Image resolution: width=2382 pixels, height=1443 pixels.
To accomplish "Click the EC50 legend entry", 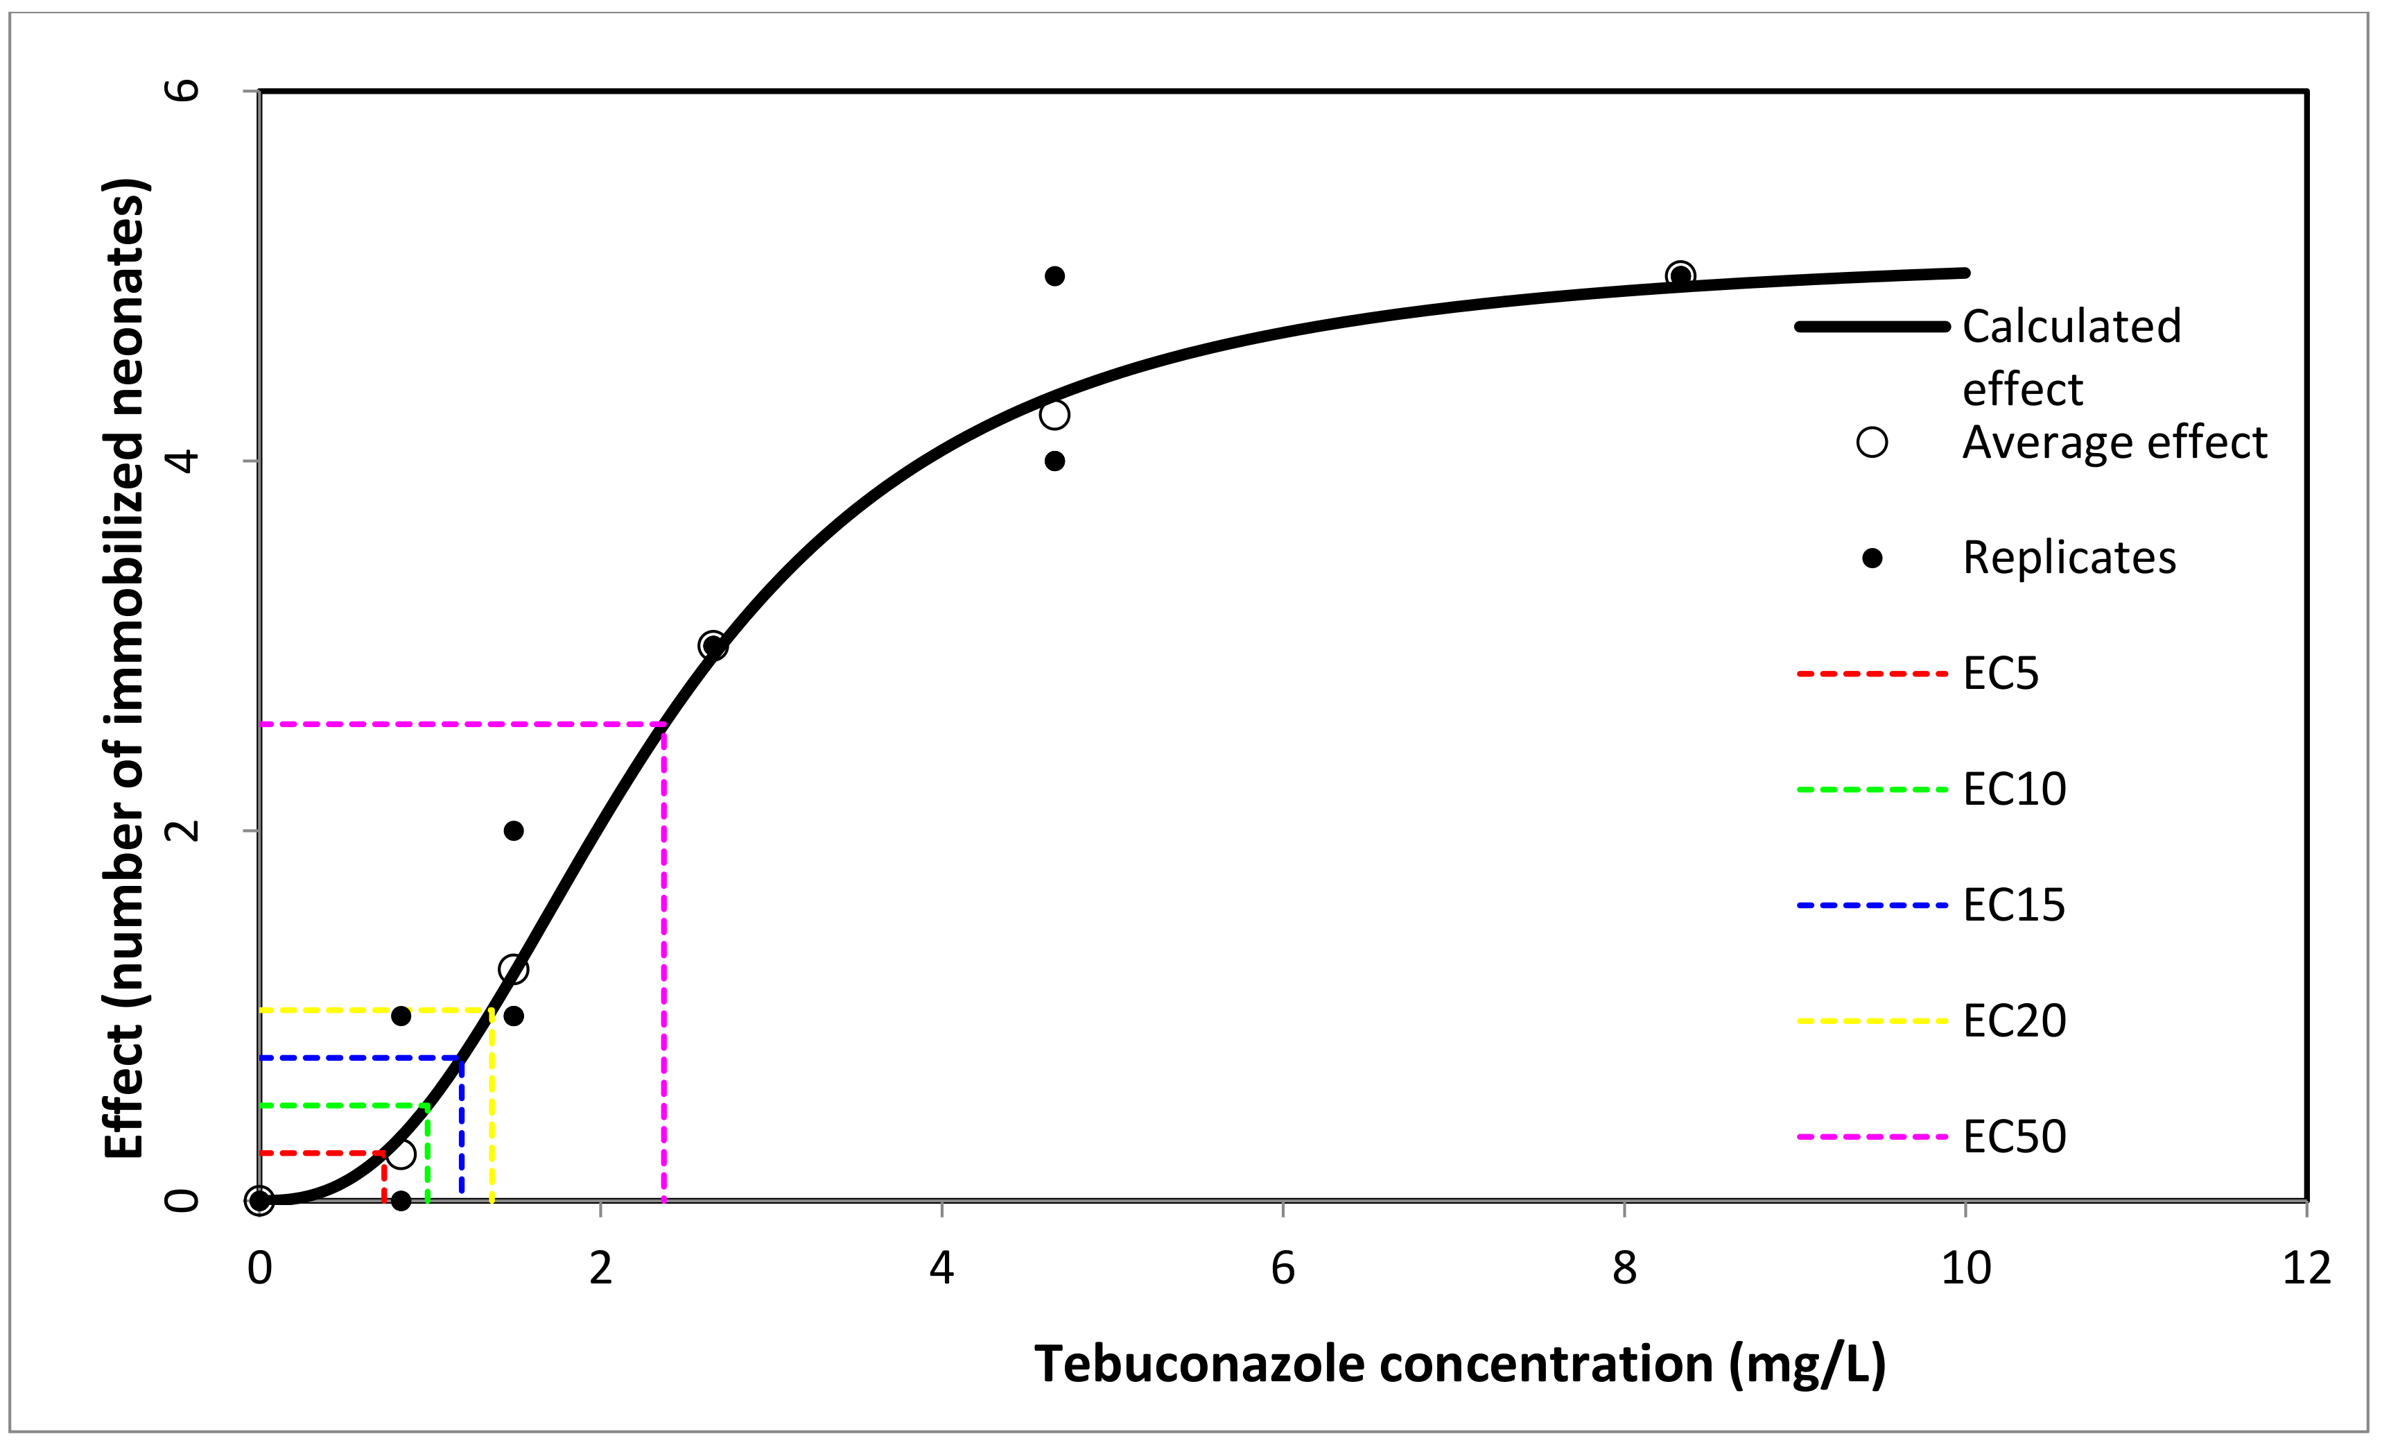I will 2014,1136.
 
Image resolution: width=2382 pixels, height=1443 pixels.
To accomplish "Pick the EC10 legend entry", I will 2014,789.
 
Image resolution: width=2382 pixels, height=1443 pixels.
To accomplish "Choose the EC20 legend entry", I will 2014,1021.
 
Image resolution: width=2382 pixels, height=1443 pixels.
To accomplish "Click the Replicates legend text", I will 2069,558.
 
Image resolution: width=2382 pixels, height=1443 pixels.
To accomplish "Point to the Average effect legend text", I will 2114,443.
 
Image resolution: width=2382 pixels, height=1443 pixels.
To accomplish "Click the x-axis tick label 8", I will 1624,1268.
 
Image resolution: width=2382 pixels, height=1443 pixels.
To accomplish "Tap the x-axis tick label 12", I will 2306,1268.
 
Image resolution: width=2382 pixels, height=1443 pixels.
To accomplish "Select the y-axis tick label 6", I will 182,90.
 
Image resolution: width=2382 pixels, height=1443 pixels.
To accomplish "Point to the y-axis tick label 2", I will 182,830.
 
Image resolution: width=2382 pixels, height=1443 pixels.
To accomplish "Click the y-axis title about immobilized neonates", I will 125,667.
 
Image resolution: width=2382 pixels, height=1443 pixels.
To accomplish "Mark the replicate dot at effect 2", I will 513,831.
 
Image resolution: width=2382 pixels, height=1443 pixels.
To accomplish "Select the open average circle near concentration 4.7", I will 1054,415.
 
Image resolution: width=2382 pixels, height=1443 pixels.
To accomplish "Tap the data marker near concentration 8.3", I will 1680,275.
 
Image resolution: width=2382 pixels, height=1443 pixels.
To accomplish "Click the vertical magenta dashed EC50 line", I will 663,967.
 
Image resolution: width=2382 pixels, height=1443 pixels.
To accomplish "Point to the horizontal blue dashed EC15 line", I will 358,1058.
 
